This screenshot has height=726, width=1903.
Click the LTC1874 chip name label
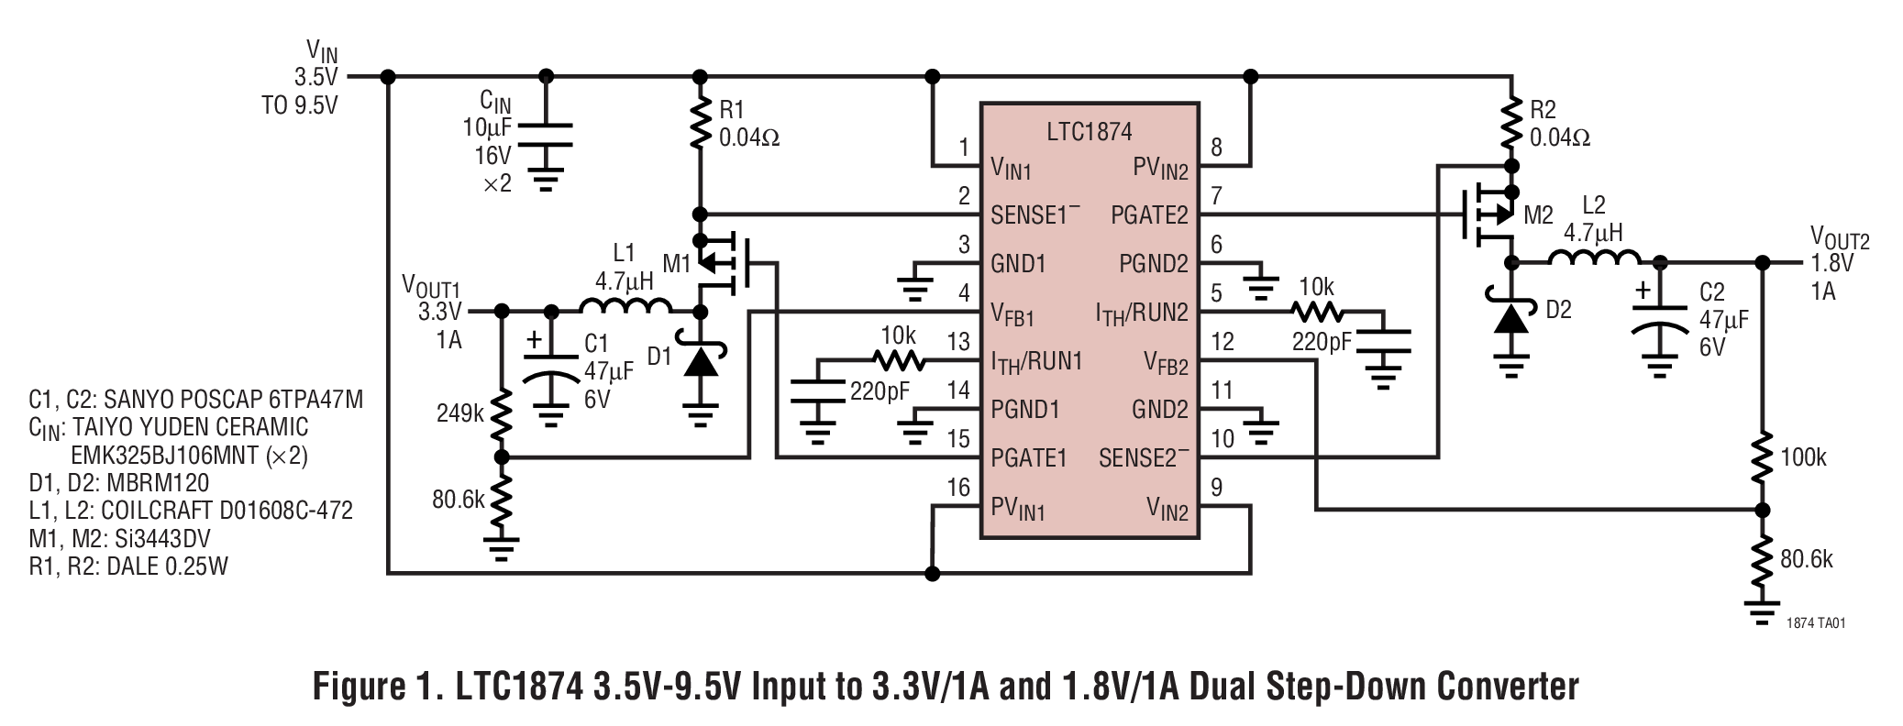pos(1089,132)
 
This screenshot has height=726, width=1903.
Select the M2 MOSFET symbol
pos(1490,216)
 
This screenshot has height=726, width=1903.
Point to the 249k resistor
pos(501,414)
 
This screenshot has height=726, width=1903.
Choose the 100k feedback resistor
pos(1761,457)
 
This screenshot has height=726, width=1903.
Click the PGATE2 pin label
pos(1148,215)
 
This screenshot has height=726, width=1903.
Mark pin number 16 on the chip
pos(958,488)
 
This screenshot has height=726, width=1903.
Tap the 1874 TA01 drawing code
pos(1815,623)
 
